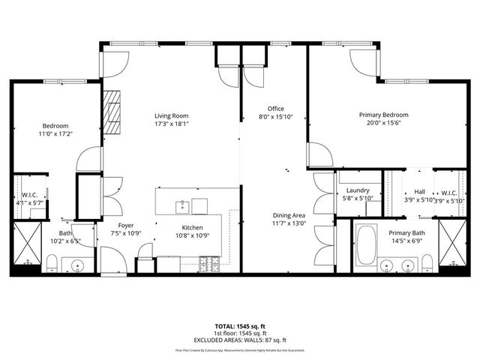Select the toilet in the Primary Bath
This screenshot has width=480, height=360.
tap(427, 262)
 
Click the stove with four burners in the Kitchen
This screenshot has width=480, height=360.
tap(209, 263)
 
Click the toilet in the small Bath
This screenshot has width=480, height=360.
tap(52, 262)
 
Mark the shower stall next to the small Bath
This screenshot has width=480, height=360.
tap(27, 244)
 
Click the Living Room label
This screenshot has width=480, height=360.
tap(171, 115)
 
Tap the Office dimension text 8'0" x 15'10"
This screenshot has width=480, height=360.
tap(275, 116)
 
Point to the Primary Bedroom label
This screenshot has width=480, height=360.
tap(383, 115)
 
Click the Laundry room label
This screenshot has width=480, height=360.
tap(358, 190)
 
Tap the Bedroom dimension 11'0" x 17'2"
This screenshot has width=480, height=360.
tap(55, 134)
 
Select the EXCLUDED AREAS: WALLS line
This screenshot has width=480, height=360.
tap(240, 341)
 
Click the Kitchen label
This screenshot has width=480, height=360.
tap(192, 227)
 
